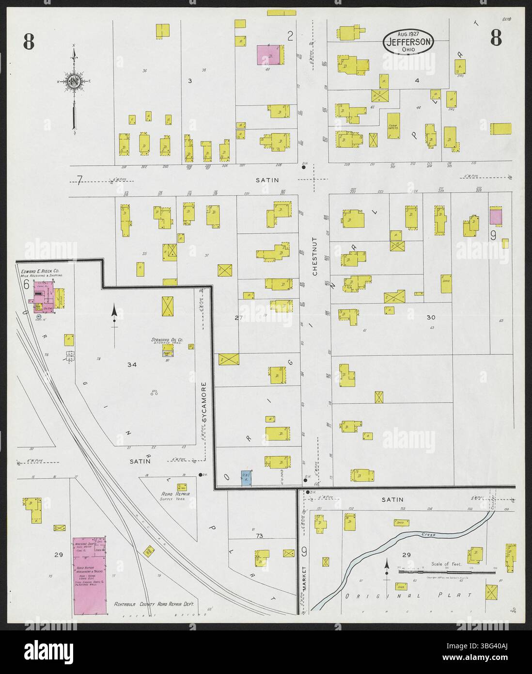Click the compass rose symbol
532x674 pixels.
click(74, 81)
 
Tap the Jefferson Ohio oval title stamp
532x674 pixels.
click(408, 42)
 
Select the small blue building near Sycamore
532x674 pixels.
click(246, 479)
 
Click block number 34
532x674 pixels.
click(132, 364)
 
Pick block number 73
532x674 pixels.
click(260, 537)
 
